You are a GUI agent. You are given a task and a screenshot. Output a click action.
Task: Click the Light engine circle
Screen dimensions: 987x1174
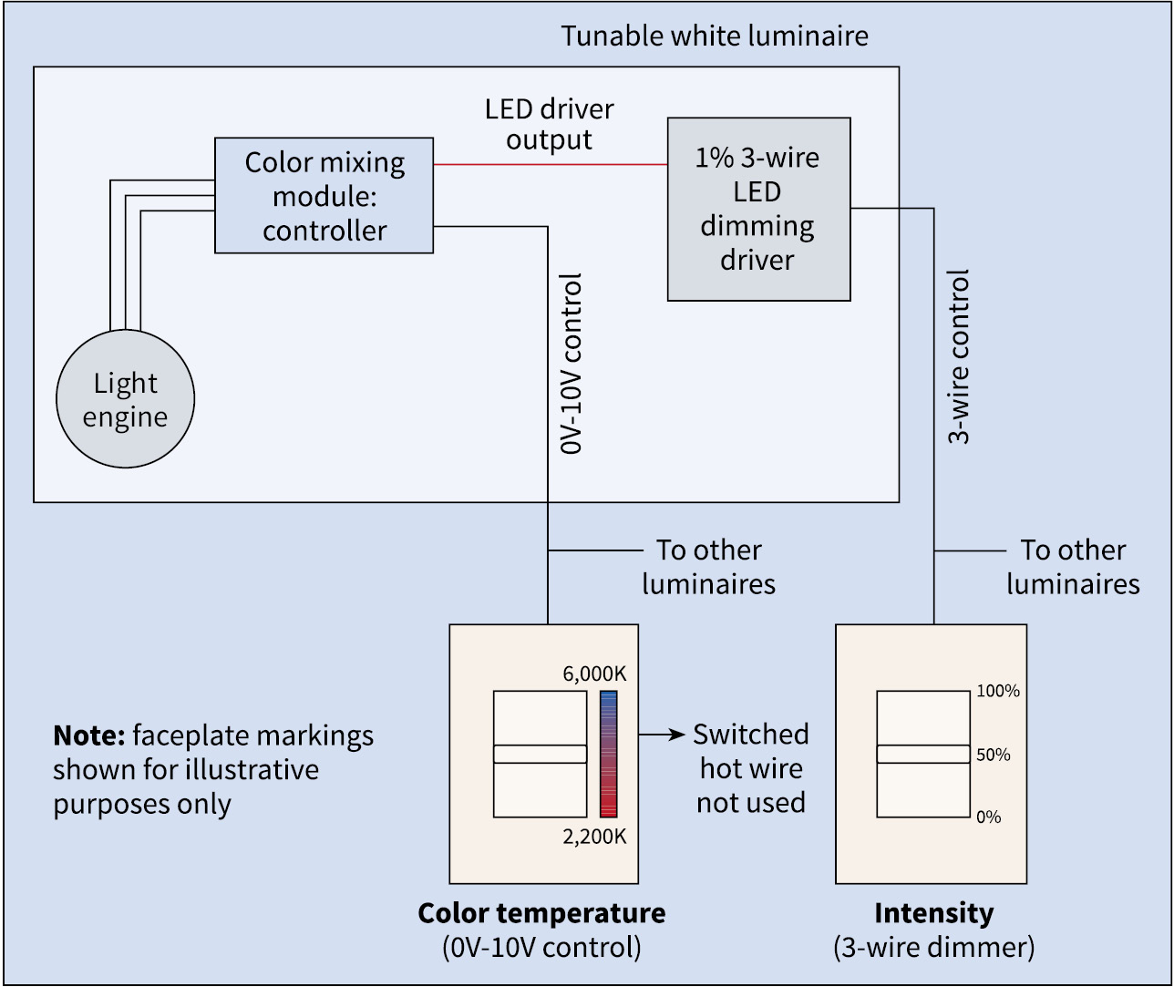point(125,399)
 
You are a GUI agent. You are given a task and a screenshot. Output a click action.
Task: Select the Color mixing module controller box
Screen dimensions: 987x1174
point(324,195)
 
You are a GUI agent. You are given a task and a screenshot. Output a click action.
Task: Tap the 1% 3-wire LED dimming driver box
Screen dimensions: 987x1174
point(758,209)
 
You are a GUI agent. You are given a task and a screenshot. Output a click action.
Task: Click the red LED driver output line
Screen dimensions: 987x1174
point(550,164)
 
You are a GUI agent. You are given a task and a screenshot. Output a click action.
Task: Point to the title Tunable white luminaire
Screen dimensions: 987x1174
point(714,36)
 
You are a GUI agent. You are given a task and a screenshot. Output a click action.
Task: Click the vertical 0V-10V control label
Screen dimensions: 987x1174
point(571,364)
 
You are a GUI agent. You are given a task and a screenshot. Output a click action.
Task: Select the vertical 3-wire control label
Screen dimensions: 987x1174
point(959,356)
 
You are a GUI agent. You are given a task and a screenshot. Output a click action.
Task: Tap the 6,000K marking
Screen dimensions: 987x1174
point(595,674)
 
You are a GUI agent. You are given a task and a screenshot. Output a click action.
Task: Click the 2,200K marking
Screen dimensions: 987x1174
point(595,836)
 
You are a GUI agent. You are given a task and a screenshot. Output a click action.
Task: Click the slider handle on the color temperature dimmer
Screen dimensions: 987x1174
point(540,754)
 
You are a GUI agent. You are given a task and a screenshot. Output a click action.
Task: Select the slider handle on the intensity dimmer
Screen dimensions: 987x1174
point(922,754)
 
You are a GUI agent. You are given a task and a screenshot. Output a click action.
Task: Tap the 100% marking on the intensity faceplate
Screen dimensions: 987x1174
point(998,692)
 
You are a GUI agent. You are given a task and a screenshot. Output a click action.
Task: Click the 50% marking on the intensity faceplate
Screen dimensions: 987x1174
point(994,755)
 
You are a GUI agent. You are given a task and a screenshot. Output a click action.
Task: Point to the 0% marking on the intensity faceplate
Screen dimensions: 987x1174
point(989,817)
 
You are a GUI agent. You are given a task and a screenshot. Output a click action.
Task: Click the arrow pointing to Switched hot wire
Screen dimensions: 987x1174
point(662,734)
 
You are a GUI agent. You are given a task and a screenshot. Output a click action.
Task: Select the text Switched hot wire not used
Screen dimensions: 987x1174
point(750,768)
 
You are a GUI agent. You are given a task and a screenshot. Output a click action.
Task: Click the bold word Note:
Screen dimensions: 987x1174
point(88,735)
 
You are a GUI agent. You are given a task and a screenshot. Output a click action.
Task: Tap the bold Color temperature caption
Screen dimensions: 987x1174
point(541,913)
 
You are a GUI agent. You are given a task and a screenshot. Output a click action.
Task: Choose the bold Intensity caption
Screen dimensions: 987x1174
point(933,913)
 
